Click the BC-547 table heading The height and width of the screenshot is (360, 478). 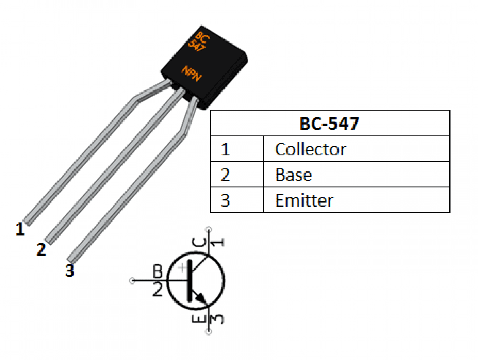329,123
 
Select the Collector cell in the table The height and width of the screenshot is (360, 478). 310,149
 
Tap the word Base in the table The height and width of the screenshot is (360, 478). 293,175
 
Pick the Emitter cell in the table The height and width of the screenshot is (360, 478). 304,200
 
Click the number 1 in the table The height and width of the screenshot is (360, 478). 225,150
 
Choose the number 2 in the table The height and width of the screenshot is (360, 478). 225,175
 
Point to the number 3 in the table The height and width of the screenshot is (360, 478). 225,200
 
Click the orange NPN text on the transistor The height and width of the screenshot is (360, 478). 192,73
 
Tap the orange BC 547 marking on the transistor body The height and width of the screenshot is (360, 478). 199,41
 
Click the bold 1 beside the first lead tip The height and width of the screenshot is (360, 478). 20,229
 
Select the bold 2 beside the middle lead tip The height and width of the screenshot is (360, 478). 41,249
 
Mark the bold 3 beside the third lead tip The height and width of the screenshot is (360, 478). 70,271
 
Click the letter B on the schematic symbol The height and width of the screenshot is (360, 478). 157,271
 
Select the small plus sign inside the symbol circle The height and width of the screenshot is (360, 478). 182,268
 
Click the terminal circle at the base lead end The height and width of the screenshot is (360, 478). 132,281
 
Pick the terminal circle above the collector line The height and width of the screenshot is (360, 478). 208,230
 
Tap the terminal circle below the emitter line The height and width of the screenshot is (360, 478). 208,332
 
